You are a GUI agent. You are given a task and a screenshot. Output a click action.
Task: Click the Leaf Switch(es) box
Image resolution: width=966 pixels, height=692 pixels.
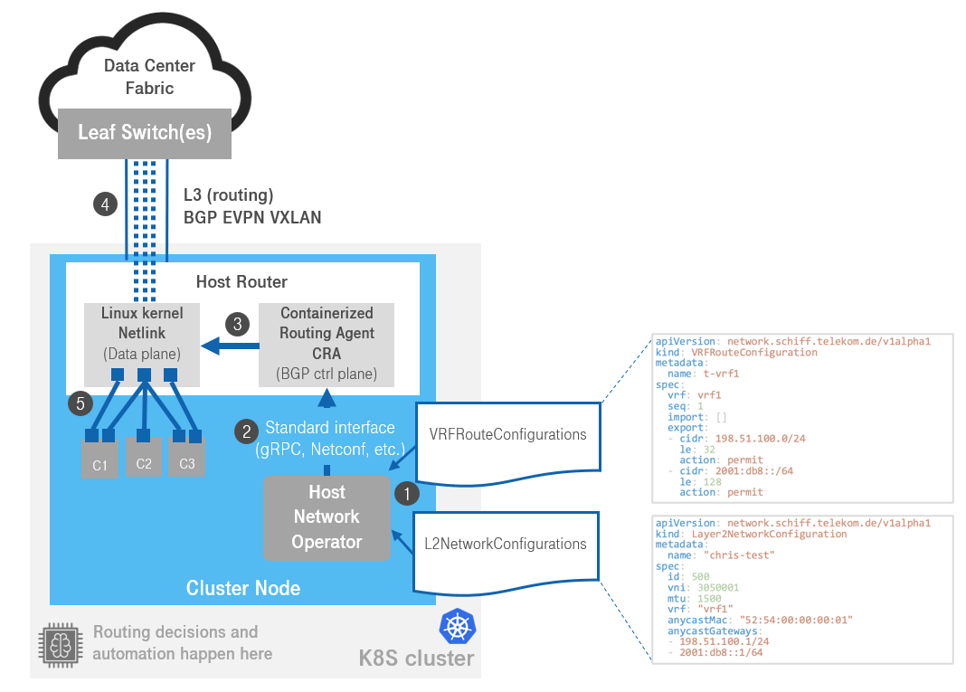pyautogui.click(x=145, y=133)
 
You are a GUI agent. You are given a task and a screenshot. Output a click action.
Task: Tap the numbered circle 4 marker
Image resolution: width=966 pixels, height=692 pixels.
pyautogui.click(x=105, y=204)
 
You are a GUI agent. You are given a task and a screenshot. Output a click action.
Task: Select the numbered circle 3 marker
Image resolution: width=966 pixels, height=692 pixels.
pyautogui.click(x=238, y=323)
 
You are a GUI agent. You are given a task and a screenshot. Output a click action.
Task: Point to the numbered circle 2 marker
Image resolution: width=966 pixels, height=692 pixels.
pyautogui.click(x=245, y=432)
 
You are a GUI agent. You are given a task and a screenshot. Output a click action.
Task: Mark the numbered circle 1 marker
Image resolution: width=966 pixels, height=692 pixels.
pyautogui.click(x=407, y=494)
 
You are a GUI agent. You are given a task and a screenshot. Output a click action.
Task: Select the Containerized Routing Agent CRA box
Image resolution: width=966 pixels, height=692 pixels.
pyautogui.click(x=327, y=344)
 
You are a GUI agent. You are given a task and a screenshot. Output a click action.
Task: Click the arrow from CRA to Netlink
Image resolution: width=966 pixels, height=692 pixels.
pyautogui.click(x=227, y=345)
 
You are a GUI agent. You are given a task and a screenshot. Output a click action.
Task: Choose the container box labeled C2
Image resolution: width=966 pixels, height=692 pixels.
pyautogui.click(x=143, y=459)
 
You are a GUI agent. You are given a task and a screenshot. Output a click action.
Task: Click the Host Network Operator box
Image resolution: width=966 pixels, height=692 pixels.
pyautogui.click(x=327, y=517)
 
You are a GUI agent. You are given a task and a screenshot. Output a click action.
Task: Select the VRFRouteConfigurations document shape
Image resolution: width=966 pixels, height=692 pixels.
pyautogui.click(x=507, y=435)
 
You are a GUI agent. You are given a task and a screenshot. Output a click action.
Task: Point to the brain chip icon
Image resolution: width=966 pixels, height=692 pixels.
pyautogui.click(x=59, y=643)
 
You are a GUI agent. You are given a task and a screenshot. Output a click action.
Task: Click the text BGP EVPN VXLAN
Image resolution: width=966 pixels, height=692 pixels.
pyautogui.click(x=252, y=218)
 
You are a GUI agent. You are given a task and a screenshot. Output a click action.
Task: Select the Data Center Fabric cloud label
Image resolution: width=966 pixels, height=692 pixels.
pyautogui.click(x=149, y=77)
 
